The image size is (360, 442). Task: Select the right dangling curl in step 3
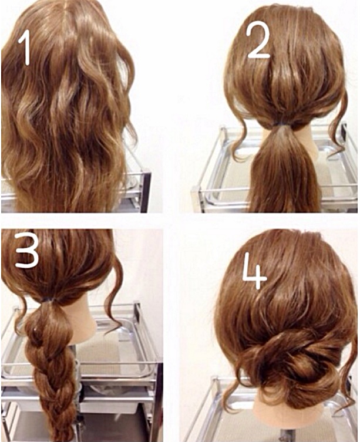[x=113, y=293]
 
